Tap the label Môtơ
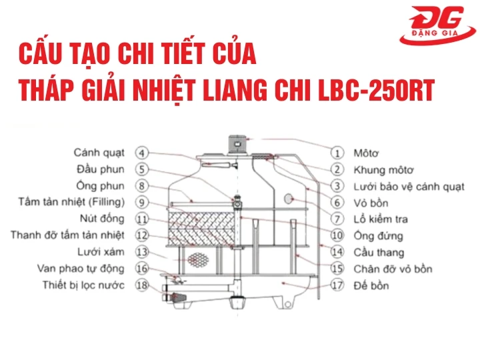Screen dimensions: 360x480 (366, 153)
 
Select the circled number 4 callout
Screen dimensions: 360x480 (142, 153)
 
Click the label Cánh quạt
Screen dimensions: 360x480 (99, 153)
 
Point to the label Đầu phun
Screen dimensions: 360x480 (100, 169)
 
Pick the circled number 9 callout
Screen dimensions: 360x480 (142, 201)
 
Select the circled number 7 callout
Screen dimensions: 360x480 (338, 219)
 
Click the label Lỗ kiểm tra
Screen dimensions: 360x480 (381, 219)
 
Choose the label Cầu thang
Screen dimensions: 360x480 (378, 253)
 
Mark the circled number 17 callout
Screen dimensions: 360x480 (338, 286)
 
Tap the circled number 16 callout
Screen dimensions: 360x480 (142, 269)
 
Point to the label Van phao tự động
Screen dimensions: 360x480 (81, 269)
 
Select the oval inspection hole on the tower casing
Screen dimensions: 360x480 (289, 199)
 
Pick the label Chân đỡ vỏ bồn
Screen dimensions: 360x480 (393, 269)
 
